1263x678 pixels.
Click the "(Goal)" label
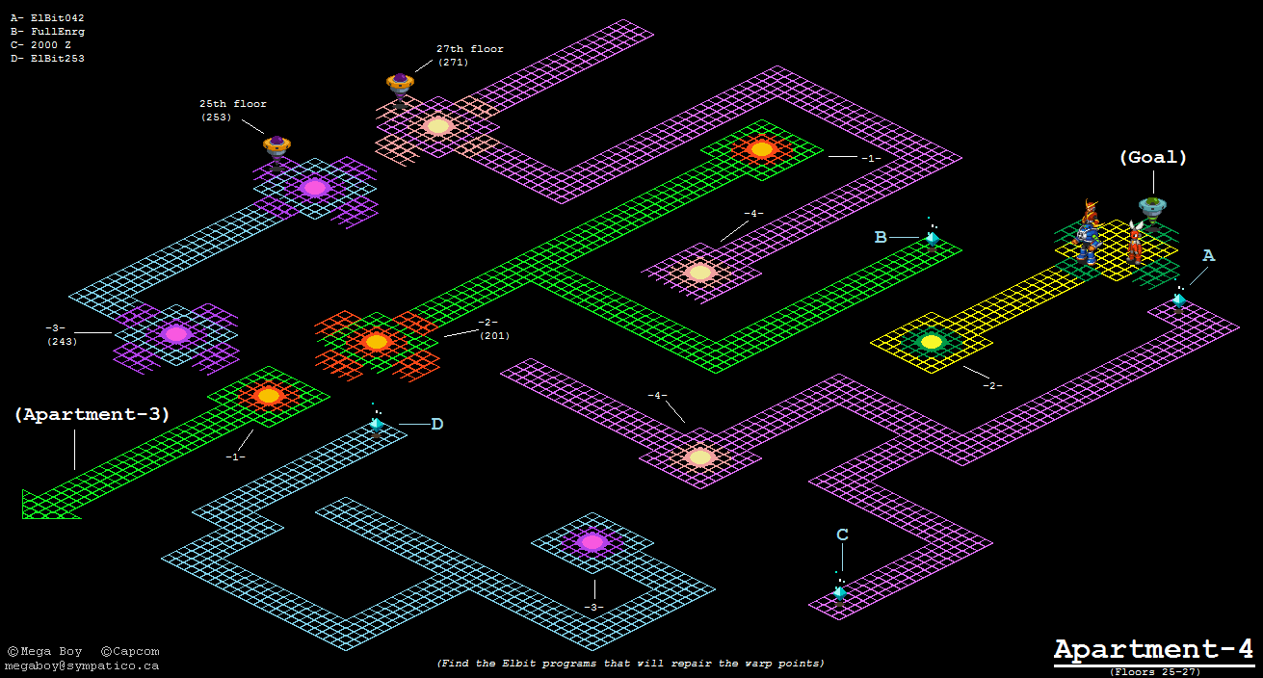click(1152, 157)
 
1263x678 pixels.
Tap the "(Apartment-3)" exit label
click(92, 415)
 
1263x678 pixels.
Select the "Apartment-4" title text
click(1153, 648)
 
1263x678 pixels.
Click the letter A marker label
click(1208, 255)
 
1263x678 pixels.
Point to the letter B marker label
click(881, 237)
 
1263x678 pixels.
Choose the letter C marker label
click(842, 535)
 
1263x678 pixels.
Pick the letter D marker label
click(436, 424)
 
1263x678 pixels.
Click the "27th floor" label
click(469, 49)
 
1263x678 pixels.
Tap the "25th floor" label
click(233, 104)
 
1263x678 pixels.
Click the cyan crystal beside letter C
click(840, 592)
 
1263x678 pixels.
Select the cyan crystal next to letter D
click(376, 424)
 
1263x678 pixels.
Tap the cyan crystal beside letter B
click(932, 238)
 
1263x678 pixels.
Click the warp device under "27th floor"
click(401, 85)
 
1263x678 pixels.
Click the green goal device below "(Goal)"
click(1152, 207)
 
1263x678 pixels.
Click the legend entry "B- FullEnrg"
click(47, 32)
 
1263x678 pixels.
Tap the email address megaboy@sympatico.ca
click(82, 665)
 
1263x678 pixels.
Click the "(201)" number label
click(494, 335)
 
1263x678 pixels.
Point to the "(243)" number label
click(62, 341)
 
